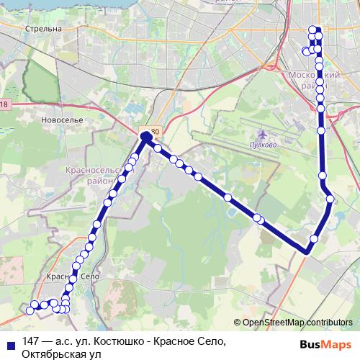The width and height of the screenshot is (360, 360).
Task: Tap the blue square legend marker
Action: click(11, 343)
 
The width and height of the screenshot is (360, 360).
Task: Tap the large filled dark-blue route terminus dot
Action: click(146, 135)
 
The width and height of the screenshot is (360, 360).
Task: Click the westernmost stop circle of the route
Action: click(30, 310)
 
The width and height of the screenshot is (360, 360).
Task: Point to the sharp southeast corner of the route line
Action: click(307, 251)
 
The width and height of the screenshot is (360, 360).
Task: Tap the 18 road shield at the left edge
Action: click(4, 106)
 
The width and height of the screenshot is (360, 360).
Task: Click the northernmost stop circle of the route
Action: click(313, 30)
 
